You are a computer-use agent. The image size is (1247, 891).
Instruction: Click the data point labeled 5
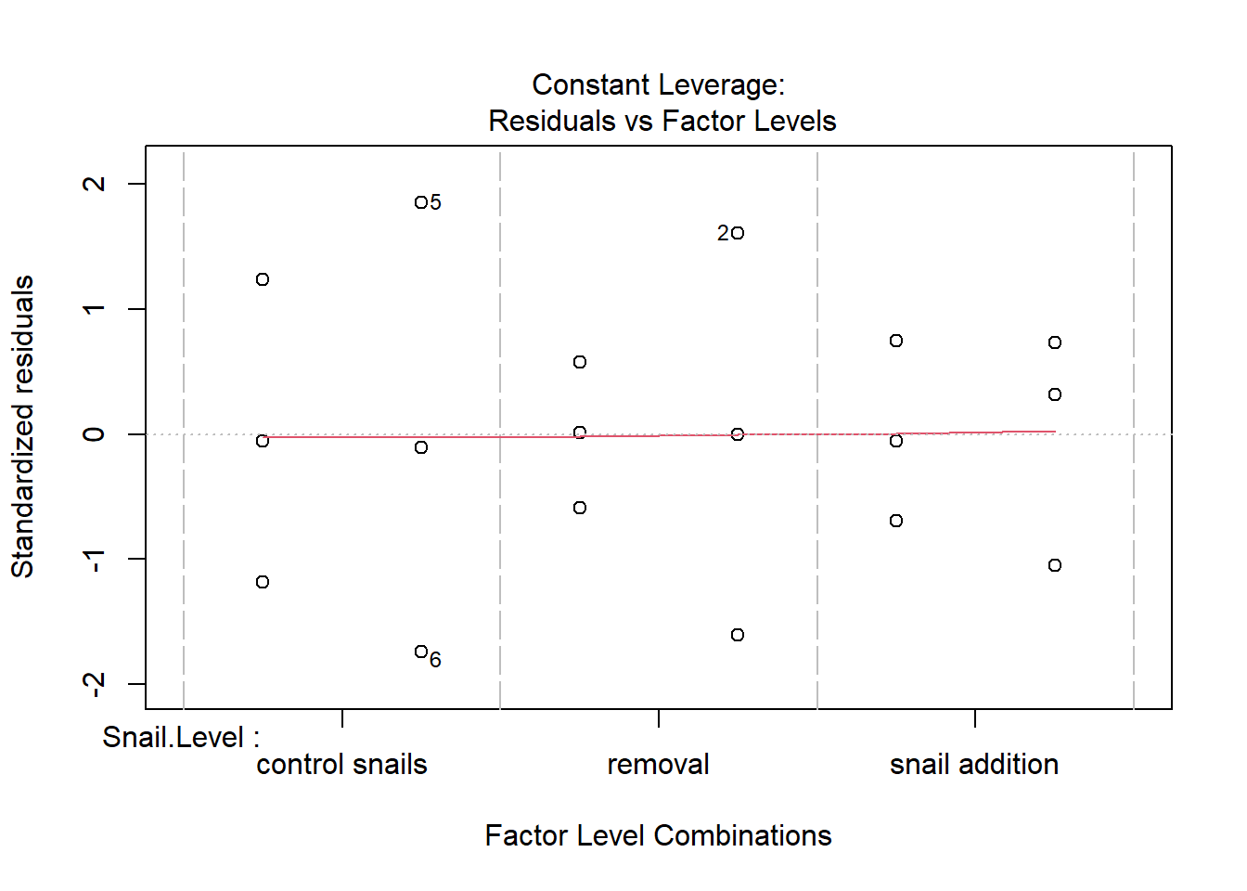click(x=421, y=202)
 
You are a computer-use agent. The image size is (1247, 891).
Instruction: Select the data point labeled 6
click(x=421, y=652)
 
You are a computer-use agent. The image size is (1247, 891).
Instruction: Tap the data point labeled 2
click(x=738, y=233)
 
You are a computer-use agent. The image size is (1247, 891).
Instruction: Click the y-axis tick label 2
click(x=94, y=184)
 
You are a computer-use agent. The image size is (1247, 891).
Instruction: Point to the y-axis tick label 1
click(x=94, y=309)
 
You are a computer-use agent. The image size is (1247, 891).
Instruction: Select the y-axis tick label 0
click(x=94, y=434)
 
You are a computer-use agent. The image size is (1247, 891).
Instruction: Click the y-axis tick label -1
click(x=94, y=561)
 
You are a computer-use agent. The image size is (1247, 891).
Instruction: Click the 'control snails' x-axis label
click(x=341, y=765)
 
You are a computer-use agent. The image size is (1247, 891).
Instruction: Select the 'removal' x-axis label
click(x=658, y=765)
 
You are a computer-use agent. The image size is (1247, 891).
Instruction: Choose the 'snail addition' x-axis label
click(x=974, y=765)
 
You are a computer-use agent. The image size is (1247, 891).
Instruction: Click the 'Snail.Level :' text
click(x=181, y=738)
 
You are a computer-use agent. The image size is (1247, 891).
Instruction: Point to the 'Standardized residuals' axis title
click(x=23, y=427)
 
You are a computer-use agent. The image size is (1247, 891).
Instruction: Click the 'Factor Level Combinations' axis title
click(x=658, y=835)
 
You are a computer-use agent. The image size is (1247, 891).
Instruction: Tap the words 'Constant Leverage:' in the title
click(x=658, y=85)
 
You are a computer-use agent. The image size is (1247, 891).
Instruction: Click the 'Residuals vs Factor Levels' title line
click(x=662, y=121)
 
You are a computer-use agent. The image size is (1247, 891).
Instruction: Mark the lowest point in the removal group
click(x=738, y=635)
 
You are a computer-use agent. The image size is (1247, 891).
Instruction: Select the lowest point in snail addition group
click(x=1055, y=565)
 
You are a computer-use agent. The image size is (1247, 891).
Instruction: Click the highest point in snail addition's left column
click(x=896, y=341)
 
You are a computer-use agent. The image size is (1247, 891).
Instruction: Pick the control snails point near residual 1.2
click(x=263, y=279)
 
